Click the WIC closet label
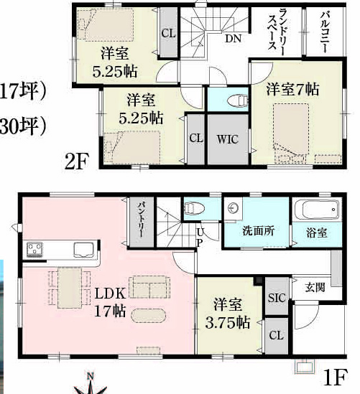(x=227, y=139)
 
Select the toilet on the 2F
(x=236, y=101)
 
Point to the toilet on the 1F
(x=194, y=208)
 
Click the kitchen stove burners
(x=34, y=249)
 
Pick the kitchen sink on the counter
(x=83, y=250)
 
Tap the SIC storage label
(x=277, y=298)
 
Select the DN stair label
(x=233, y=39)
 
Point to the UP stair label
(x=200, y=238)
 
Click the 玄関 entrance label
(x=315, y=287)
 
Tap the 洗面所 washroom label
(x=259, y=231)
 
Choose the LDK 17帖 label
(x=110, y=302)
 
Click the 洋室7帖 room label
(x=293, y=89)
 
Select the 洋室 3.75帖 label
(x=227, y=313)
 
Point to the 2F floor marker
(x=77, y=161)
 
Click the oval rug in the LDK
(x=149, y=315)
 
